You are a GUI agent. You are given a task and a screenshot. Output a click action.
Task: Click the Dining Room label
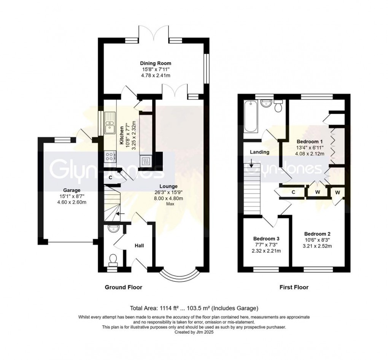coord(156,63)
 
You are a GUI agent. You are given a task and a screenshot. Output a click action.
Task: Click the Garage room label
coord(71,190)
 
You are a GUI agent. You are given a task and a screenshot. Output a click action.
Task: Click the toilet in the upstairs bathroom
coord(278,106)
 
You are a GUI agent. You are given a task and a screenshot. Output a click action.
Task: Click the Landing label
coord(259,152)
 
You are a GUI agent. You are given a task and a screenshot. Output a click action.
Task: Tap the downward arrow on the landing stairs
coord(251,165)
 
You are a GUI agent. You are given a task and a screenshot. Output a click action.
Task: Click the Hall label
coord(139,246)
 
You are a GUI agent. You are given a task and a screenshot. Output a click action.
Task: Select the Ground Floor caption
coord(123,287)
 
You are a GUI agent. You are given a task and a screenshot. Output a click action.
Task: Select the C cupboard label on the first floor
coord(293,192)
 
